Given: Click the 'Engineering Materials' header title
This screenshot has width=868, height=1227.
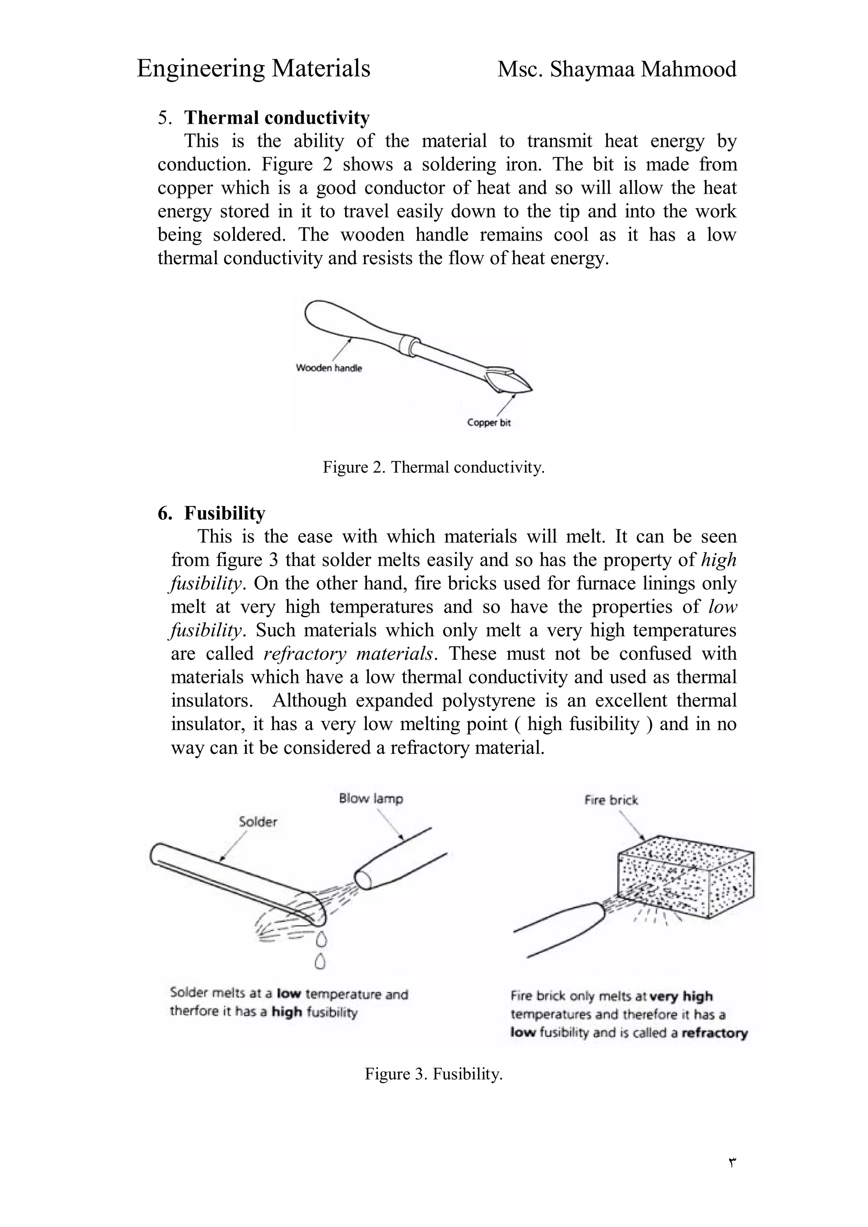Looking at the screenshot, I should [x=253, y=69].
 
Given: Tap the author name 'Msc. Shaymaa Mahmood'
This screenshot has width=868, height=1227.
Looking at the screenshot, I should [x=617, y=69].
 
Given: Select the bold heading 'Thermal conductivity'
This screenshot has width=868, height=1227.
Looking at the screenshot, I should [x=276, y=118].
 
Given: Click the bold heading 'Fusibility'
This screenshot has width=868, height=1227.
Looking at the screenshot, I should [x=225, y=513].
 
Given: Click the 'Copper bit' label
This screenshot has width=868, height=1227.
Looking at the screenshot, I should [x=489, y=423].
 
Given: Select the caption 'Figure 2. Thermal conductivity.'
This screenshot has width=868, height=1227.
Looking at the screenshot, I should [x=433, y=467].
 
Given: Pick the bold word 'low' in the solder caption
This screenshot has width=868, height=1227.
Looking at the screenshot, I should [x=289, y=995].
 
